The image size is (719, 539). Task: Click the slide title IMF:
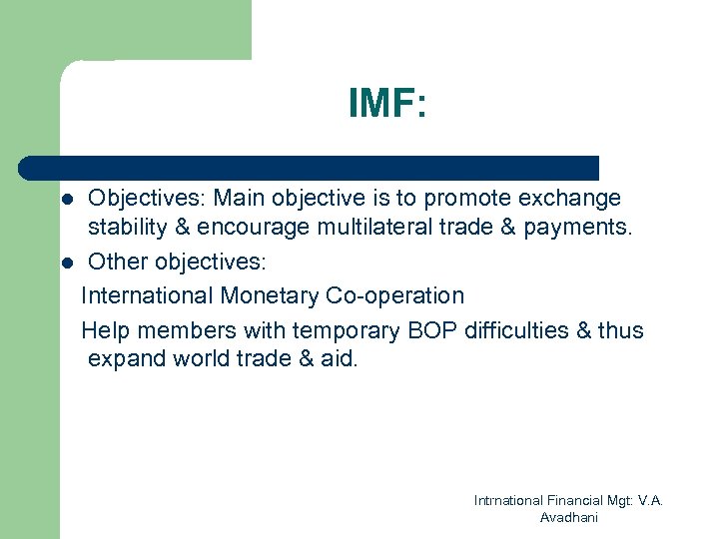click(x=387, y=104)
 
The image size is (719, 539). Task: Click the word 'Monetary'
click(x=273, y=296)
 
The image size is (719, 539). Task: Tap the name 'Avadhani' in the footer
click(x=568, y=517)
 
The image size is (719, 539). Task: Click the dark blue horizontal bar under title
click(x=310, y=167)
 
